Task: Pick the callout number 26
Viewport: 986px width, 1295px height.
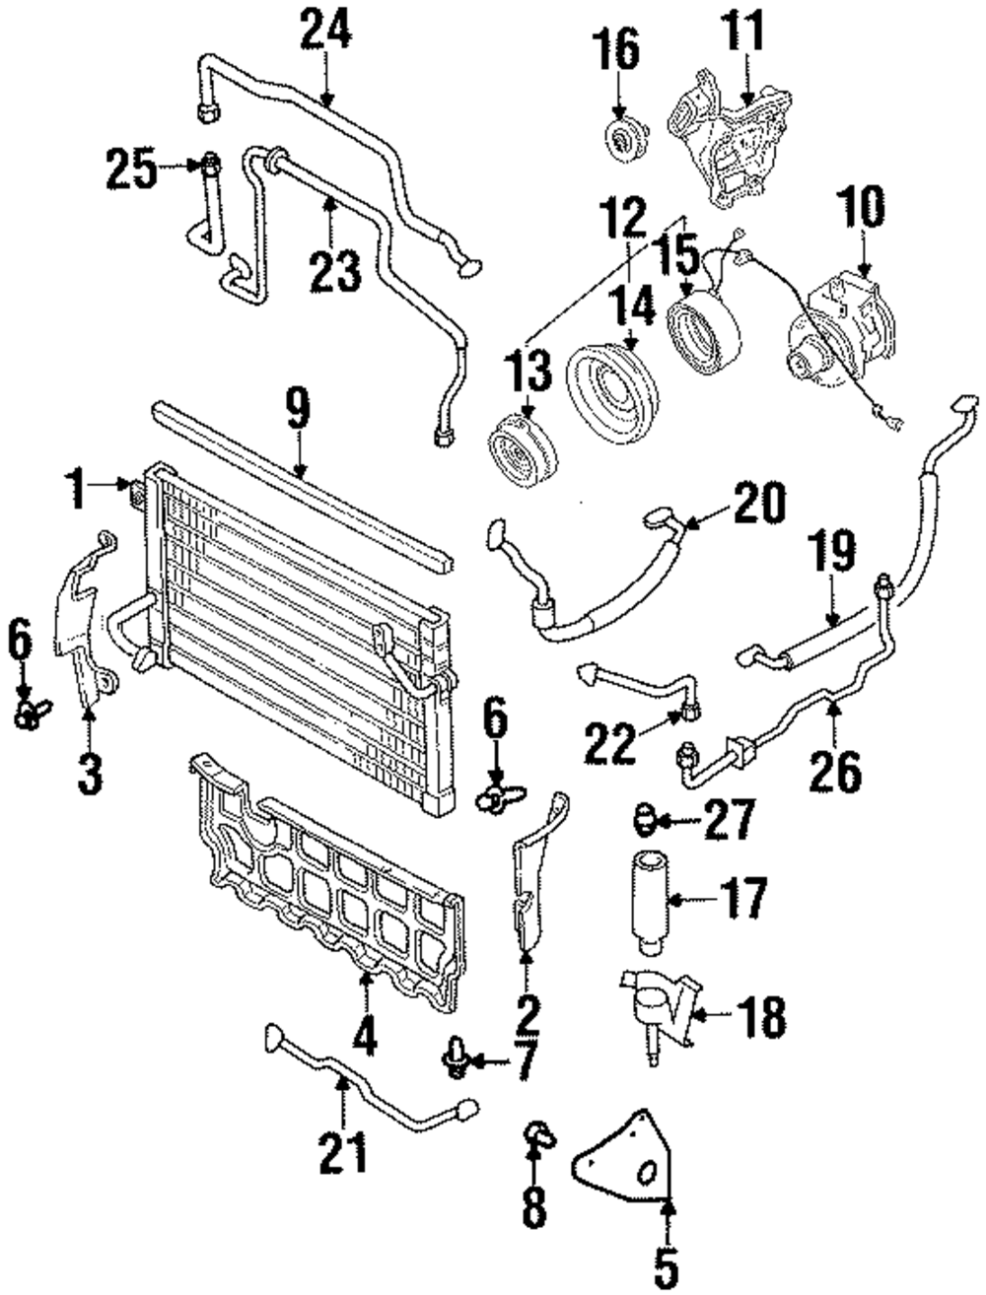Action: [x=835, y=770]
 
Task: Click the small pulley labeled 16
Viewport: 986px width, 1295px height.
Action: [x=626, y=142]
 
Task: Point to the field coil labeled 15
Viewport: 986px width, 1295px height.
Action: [x=702, y=337]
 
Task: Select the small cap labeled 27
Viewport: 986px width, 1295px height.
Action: [x=645, y=820]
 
